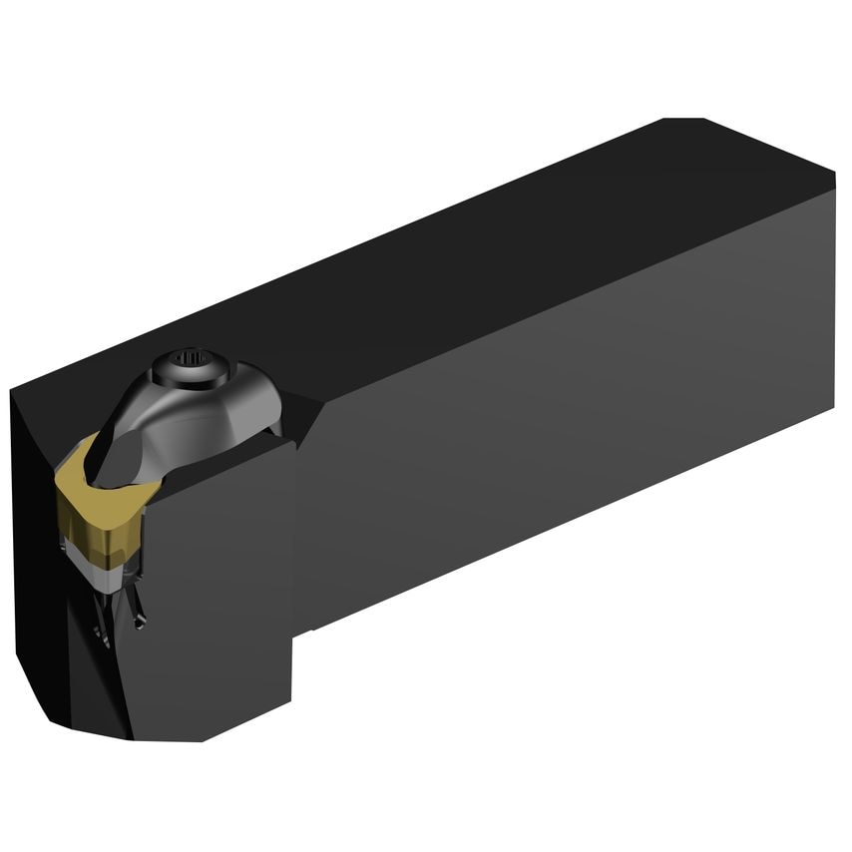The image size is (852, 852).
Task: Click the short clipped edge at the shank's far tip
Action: coord(683,119)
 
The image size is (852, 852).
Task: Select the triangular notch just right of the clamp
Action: coord(304,424)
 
